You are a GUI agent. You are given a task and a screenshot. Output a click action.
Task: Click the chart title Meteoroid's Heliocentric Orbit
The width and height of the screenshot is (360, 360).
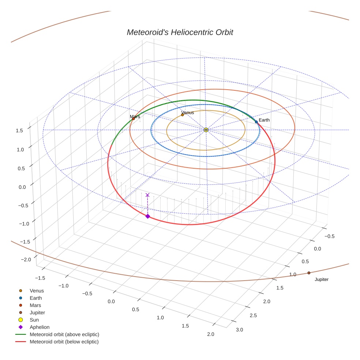coord(180,33)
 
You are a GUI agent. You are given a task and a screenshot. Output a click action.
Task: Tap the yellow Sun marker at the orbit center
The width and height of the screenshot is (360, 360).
coord(206,130)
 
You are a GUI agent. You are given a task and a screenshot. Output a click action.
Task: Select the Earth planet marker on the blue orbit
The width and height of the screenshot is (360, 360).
coord(256,122)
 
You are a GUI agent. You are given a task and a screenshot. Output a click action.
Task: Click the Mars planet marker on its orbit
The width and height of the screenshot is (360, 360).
coord(133,119)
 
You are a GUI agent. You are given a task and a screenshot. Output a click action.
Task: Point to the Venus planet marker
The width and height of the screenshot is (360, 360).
coord(183,115)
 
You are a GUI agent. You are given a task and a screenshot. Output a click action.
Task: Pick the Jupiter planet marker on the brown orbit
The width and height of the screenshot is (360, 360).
coord(309,273)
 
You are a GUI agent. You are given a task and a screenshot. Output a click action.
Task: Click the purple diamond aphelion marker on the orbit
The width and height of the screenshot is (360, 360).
coord(147,216)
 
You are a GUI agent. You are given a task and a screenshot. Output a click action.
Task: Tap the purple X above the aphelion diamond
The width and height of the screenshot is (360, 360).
coord(147,195)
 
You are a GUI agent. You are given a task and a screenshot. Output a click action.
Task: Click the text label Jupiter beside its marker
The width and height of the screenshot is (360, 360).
coord(322,280)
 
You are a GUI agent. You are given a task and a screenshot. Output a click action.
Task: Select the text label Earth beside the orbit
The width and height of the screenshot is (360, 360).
coord(264,120)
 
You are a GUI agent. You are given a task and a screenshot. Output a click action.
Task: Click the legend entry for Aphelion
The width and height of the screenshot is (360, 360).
coord(40,327)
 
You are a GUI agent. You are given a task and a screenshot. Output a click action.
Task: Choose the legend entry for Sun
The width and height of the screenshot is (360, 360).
coord(34,320)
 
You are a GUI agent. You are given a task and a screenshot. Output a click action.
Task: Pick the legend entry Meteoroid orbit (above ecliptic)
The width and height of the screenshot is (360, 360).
coord(64,334)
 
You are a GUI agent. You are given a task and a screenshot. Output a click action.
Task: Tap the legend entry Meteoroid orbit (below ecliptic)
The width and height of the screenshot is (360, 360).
coord(64,342)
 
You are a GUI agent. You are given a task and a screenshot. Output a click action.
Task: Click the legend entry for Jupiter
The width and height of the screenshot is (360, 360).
coord(37,312)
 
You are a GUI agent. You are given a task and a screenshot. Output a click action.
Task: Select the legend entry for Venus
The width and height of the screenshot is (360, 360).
coord(37,290)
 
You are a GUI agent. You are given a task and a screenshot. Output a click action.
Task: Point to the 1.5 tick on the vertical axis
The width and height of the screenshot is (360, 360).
coord(20,130)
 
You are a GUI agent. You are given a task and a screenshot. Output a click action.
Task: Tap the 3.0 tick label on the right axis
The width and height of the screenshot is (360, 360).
coord(239,330)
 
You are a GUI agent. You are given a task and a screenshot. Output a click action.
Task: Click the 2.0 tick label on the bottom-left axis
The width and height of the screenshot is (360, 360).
coord(211,334)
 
